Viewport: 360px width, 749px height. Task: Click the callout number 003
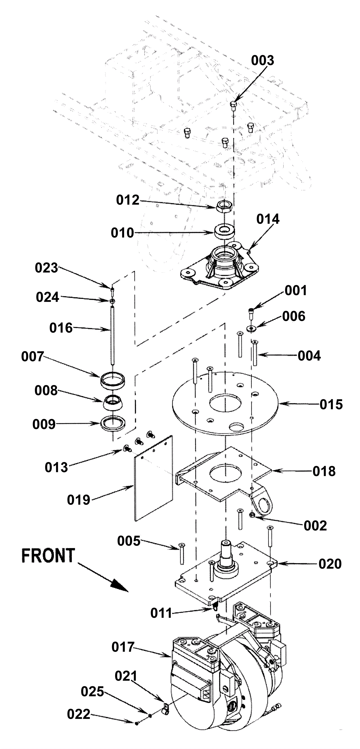[x=263, y=61]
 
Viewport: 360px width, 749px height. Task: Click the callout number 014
[x=268, y=219]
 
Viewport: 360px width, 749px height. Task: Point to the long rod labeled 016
[x=112, y=334]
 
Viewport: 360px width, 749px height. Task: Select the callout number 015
[x=331, y=404]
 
